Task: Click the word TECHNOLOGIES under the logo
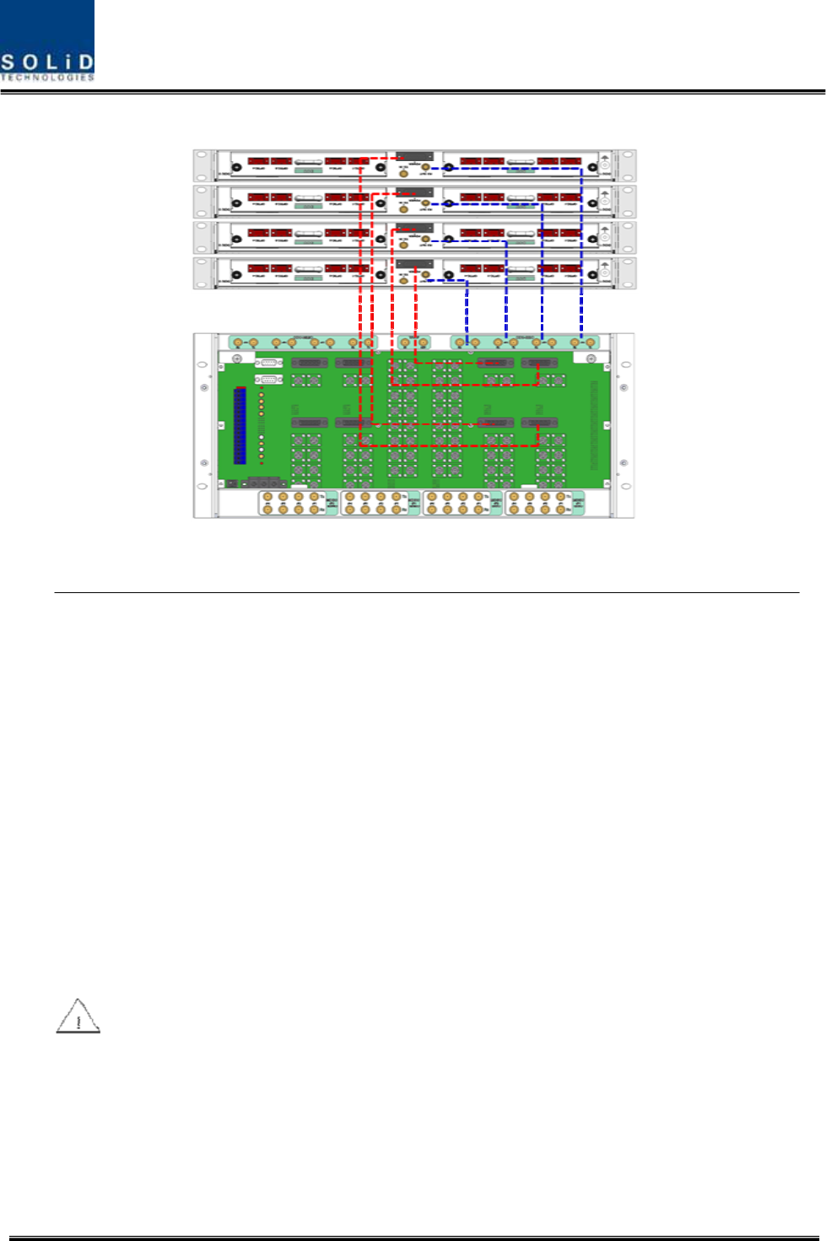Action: click(47, 78)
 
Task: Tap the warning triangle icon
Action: click(78, 1017)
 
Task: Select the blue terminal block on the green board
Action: click(240, 426)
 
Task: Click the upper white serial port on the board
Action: click(269, 362)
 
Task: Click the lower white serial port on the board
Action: click(269, 380)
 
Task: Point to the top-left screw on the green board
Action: click(238, 359)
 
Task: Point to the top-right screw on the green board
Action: click(591, 359)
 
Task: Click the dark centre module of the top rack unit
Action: click(414, 157)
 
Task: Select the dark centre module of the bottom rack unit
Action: click(414, 264)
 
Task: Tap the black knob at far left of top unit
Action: click(236, 168)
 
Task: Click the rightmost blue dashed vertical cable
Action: click(580, 253)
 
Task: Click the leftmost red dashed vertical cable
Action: click(360, 295)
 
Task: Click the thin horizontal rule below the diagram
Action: click(426, 593)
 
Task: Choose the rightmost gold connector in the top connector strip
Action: click(591, 343)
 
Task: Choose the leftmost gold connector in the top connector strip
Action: click(238, 343)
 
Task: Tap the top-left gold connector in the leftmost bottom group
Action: click(267, 497)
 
